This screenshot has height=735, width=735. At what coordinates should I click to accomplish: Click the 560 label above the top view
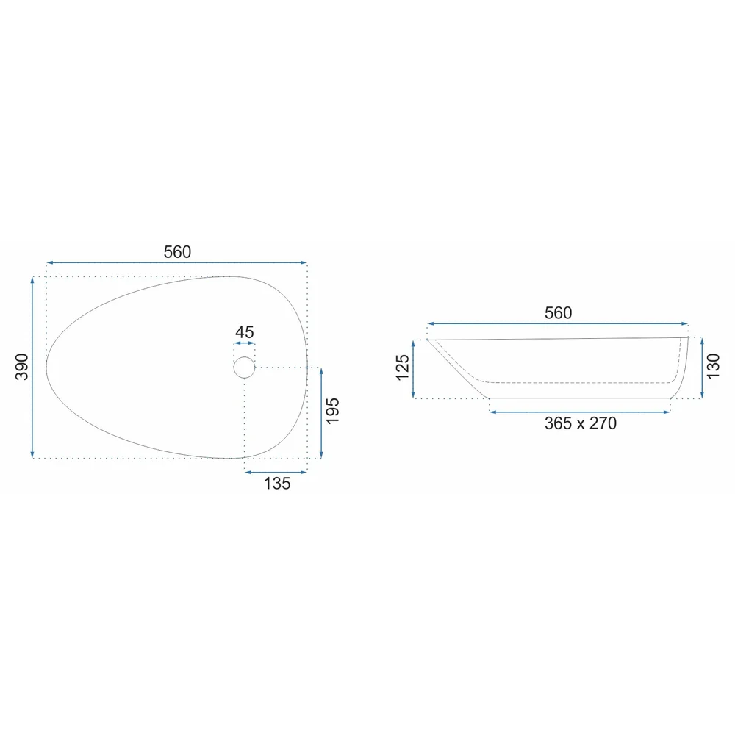coord(177,252)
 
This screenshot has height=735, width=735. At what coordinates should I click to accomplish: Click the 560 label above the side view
coord(558,312)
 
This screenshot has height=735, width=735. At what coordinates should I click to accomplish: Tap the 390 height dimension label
coord(22,367)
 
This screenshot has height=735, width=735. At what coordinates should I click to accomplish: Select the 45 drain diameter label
coord(244,332)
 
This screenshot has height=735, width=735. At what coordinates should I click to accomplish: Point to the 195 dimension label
coord(332,411)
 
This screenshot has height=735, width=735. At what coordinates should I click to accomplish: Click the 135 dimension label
coord(277,484)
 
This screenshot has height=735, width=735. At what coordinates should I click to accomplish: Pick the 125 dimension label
coord(403,367)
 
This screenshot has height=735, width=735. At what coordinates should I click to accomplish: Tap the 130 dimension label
coord(712,367)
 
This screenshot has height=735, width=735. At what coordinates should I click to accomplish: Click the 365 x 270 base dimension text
coord(581,423)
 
